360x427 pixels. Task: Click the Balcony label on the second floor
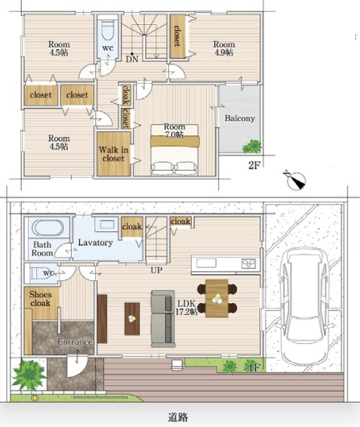tap(240, 118)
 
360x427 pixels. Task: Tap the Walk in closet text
tap(114, 154)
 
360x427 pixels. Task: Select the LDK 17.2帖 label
tap(186, 308)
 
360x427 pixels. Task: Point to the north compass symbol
tap(296, 180)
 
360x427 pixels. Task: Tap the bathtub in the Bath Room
tap(48, 227)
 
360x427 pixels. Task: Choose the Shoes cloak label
tap(40, 299)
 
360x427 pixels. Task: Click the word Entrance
tap(75, 342)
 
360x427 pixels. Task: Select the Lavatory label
tap(95, 243)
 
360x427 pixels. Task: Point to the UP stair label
tap(156, 270)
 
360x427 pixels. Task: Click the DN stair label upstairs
tap(132, 59)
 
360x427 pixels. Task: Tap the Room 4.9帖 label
tap(224, 48)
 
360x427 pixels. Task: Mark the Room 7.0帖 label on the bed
tap(174, 131)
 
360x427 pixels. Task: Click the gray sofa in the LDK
tap(163, 319)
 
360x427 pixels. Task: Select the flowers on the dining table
tap(217, 298)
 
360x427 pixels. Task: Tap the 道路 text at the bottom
tap(177, 417)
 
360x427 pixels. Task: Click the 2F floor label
tap(254, 165)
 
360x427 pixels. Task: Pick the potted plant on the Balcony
tap(252, 147)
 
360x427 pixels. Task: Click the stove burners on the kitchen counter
tap(249, 263)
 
